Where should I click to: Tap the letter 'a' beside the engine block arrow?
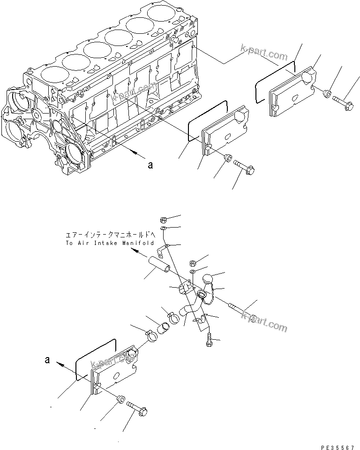pyautogui.click(x=150, y=165)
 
